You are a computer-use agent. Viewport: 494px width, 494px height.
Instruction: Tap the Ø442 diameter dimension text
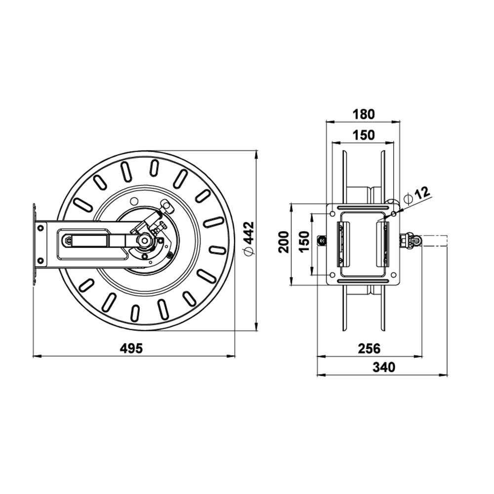tap(249, 238)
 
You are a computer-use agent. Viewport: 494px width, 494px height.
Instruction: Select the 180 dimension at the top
tap(364, 114)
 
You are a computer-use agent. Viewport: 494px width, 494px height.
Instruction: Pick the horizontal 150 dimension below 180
tap(364, 135)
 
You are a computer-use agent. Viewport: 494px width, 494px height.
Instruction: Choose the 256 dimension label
tap(369, 348)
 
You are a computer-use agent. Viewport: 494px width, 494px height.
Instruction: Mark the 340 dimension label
tap(384, 367)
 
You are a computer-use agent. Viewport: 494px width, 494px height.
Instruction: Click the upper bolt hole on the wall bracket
tap(40, 228)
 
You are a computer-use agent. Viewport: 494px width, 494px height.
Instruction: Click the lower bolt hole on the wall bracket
tap(40, 260)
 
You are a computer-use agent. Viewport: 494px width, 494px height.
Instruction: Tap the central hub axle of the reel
tap(144, 241)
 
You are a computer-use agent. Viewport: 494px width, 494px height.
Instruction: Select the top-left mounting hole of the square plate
tap(332, 214)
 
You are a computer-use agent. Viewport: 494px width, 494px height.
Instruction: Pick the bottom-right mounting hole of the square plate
tap(393, 275)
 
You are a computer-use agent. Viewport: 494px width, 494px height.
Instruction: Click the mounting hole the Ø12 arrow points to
tap(393, 214)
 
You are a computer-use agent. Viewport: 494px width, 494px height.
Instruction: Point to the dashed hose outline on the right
tap(435, 241)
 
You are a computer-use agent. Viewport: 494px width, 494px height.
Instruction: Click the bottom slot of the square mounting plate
tap(363, 282)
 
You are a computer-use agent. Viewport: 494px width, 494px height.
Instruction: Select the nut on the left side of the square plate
tap(320, 241)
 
